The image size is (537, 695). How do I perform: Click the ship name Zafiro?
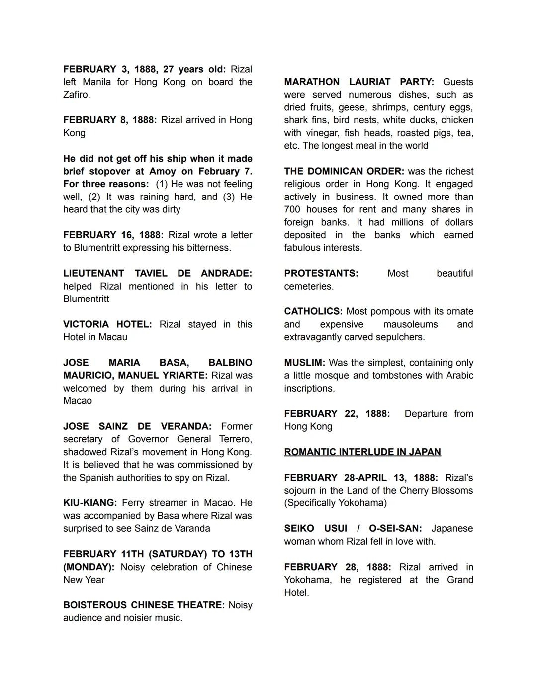pos(76,95)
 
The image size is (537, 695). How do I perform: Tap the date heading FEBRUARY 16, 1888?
pos(113,235)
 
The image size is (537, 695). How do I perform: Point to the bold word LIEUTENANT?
pos(94,273)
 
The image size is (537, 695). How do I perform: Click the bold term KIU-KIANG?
pos(90,503)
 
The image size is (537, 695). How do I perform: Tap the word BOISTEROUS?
pos(94,605)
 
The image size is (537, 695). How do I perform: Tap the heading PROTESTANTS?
pos(321,273)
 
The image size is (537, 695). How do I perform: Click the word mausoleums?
pos(410,324)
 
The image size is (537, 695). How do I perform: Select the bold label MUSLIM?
pos(304,363)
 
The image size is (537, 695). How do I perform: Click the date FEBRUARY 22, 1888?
pos(337,414)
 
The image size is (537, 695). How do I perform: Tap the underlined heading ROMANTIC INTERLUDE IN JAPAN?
pos(362,452)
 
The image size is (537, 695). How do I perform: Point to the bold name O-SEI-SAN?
pos(395,528)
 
